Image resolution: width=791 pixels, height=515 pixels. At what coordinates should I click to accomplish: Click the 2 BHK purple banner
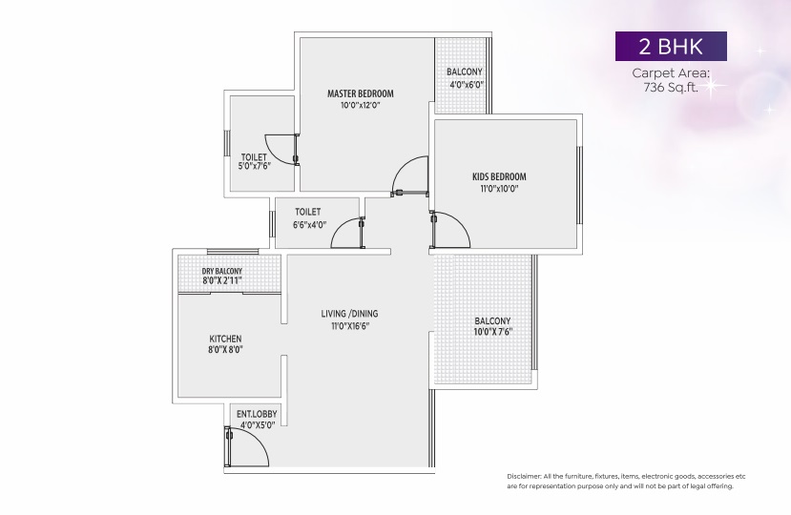coord(671,47)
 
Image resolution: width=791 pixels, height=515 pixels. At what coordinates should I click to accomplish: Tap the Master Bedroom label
coord(360,93)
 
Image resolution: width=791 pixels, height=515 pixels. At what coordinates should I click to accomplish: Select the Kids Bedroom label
coord(499,176)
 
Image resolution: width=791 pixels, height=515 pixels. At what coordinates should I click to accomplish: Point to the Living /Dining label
coord(349,314)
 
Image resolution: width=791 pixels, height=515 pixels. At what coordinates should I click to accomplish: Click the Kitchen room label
coord(225,339)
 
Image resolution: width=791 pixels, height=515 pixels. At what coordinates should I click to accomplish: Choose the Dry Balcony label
coord(222,272)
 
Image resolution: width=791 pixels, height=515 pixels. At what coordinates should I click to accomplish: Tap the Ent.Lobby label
coord(257,414)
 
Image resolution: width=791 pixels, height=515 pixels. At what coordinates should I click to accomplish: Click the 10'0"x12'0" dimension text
coord(360,106)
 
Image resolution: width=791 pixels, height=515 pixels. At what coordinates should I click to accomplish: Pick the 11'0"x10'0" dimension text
coord(499,189)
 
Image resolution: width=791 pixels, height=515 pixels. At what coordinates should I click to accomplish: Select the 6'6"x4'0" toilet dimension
coord(310,225)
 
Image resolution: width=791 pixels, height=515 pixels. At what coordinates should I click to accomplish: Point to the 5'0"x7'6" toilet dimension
coord(254,166)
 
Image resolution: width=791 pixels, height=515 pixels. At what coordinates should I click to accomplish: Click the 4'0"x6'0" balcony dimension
coord(467,85)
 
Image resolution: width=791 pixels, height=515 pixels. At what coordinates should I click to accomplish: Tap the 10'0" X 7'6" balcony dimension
coord(493,332)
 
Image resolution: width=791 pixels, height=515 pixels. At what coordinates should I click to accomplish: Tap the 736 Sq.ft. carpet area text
coord(671,87)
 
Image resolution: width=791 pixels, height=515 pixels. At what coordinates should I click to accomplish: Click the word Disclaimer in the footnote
coord(523,476)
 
